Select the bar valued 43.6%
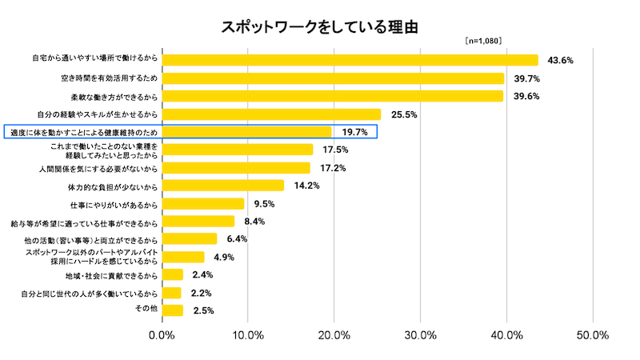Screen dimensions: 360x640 [350, 60]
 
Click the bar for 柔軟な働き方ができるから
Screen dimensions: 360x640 [333, 96]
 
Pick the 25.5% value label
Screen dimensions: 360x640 [404, 114]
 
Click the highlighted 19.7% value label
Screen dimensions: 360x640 [354, 132]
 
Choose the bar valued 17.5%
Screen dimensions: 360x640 [238, 150]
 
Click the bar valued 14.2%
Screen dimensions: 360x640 [223, 186]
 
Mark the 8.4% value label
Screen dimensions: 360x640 [254, 222]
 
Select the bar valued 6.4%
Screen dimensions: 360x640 [190, 239]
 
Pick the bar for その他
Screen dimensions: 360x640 [173, 310]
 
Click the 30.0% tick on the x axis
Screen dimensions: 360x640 [421, 335]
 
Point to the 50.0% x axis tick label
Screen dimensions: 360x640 [593, 335]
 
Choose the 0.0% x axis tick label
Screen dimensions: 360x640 [163, 335]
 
